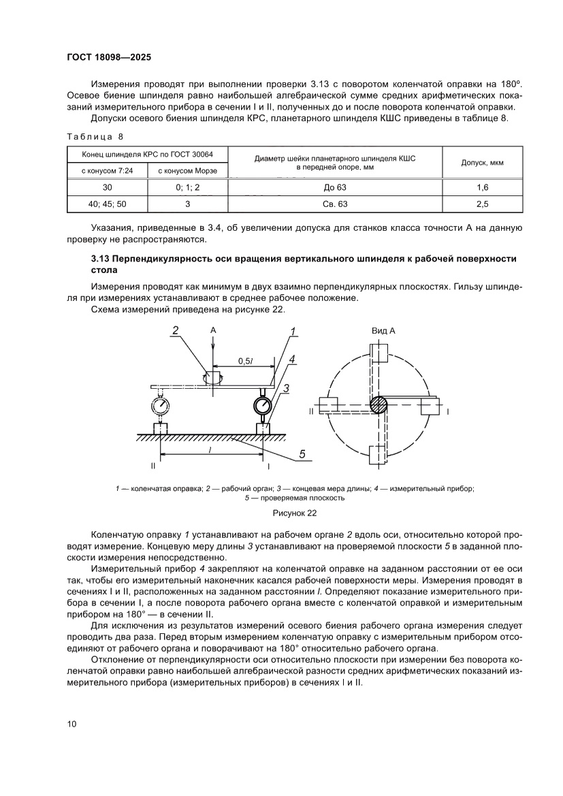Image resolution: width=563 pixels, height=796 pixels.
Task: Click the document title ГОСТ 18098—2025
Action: pos(112,58)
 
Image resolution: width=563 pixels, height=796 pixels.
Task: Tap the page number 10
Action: pos(71,724)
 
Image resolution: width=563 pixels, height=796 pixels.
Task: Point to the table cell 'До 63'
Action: pos(335,186)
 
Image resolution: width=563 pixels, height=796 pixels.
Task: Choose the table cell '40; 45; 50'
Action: pos(108,203)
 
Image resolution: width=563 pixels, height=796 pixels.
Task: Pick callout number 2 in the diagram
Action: pos(175,331)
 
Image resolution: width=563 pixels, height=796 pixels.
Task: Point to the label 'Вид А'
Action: pos(383,330)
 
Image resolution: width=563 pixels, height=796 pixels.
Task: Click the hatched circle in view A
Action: pos(378,404)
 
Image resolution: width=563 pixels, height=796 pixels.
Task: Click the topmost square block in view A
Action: pos(378,351)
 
